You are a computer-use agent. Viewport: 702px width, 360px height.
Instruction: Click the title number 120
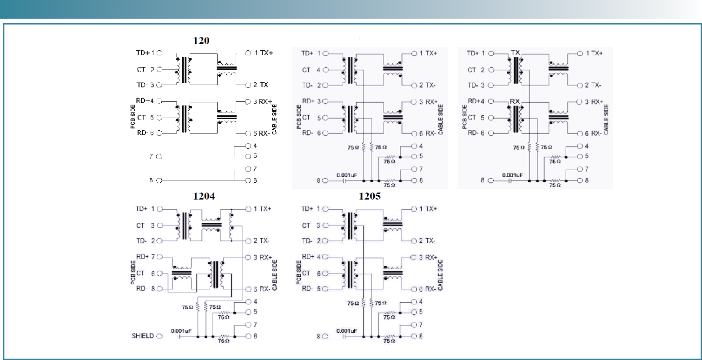point(201,40)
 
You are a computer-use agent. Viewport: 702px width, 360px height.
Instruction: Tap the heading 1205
point(370,197)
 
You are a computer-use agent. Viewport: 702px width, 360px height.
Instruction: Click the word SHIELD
point(142,336)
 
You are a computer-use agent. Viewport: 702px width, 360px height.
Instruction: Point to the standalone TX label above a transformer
point(515,52)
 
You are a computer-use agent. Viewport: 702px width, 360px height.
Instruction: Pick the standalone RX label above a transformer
point(515,100)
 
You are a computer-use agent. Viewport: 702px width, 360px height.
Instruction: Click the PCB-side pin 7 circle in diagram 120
point(159,157)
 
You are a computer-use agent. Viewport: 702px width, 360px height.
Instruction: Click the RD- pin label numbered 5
point(311,288)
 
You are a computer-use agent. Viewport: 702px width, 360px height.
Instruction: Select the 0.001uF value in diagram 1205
point(346,331)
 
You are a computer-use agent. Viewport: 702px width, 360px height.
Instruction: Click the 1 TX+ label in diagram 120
point(264,53)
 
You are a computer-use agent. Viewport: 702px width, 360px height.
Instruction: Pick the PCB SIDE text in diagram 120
point(132,117)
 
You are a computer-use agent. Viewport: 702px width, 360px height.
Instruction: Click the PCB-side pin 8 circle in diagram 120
point(159,180)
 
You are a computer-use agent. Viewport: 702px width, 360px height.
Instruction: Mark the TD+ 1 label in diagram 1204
point(145,209)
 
